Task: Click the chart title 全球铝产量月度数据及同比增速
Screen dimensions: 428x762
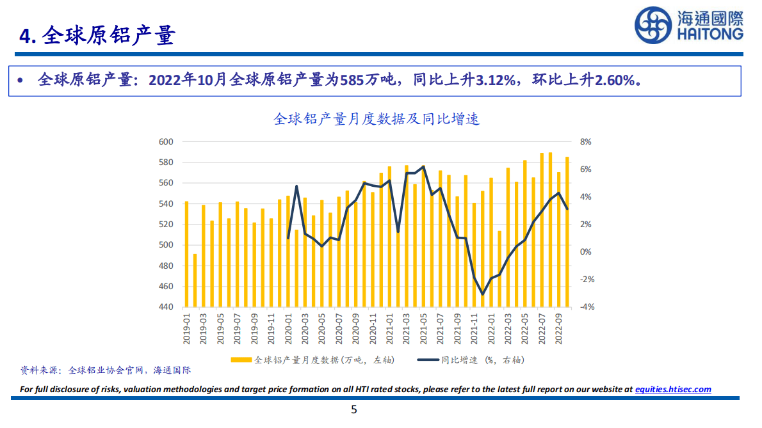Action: [x=377, y=119]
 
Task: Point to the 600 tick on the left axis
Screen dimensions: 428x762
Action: [x=165, y=142]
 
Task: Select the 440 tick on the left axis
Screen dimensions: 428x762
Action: [x=165, y=307]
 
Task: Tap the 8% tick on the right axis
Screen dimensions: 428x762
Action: [x=585, y=142]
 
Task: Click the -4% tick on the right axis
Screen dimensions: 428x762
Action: [x=587, y=307]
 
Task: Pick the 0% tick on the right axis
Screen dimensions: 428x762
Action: [x=585, y=252]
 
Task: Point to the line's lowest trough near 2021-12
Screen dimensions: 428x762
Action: [x=483, y=294]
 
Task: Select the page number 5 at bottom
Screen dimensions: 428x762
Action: [x=354, y=410]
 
